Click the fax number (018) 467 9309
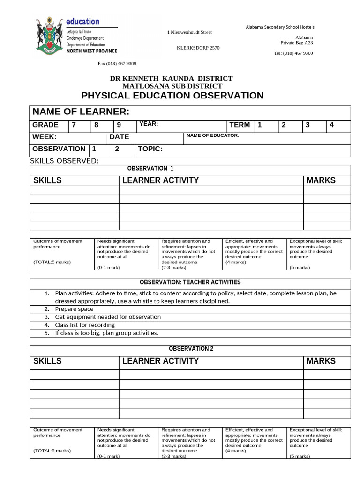117,64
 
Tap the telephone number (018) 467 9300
293,53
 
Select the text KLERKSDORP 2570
198,48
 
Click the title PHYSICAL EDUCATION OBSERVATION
172,96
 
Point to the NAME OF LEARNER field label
80,112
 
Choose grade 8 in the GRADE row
96,125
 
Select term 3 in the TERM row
307,125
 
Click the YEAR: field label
149,124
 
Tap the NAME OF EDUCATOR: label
212,135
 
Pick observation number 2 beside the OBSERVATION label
117,149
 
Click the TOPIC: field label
150,149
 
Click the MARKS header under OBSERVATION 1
321,180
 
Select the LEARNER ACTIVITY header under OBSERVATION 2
160,361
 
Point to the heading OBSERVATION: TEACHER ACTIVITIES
190,282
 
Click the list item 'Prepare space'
74,309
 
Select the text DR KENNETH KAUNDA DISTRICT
171,79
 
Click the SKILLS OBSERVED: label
65,161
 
